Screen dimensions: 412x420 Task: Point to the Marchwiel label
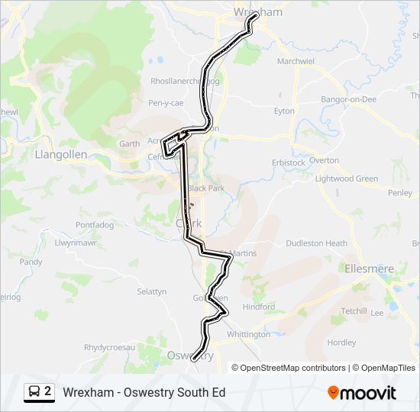(x=296, y=61)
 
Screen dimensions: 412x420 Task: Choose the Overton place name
(x=324, y=160)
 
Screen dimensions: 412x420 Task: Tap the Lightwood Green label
(x=347, y=179)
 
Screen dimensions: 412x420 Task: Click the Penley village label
(x=400, y=194)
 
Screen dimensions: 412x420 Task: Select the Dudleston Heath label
(x=316, y=243)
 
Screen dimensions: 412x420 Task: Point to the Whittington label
(x=248, y=334)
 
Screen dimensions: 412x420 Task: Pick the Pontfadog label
(x=95, y=225)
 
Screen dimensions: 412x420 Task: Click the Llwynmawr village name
(x=76, y=243)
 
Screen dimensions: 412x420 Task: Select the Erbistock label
(x=288, y=163)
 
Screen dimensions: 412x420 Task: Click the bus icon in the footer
(x=34, y=392)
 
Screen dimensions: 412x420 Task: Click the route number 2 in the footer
(x=48, y=391)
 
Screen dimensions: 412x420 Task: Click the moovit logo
(x=362, y=393)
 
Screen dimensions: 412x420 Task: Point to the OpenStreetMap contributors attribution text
(x=293, y=368)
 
